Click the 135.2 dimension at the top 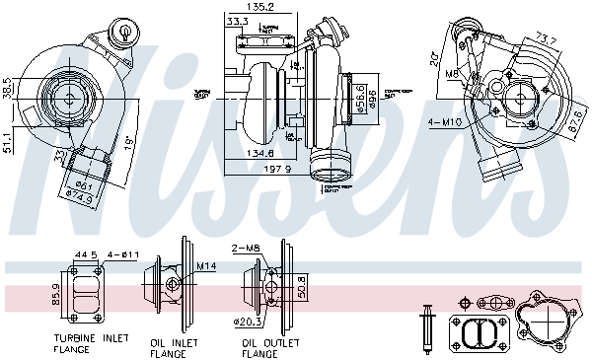[260, 8]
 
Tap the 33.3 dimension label [237, 21]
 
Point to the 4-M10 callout [444, 122]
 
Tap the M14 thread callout [205, 265]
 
